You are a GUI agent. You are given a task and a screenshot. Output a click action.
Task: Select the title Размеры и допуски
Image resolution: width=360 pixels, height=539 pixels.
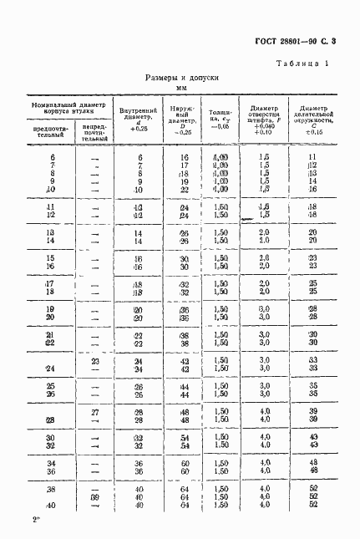pos(180,77)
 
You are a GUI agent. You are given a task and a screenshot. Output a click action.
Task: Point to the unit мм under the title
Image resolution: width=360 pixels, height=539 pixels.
pos(180,88)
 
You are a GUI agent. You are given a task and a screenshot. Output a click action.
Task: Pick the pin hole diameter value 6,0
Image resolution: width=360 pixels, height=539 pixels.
pos(264,308)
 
